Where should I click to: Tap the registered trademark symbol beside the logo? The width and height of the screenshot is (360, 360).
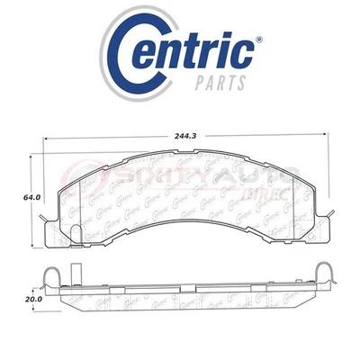259,40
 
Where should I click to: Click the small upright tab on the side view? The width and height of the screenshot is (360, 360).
76,270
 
